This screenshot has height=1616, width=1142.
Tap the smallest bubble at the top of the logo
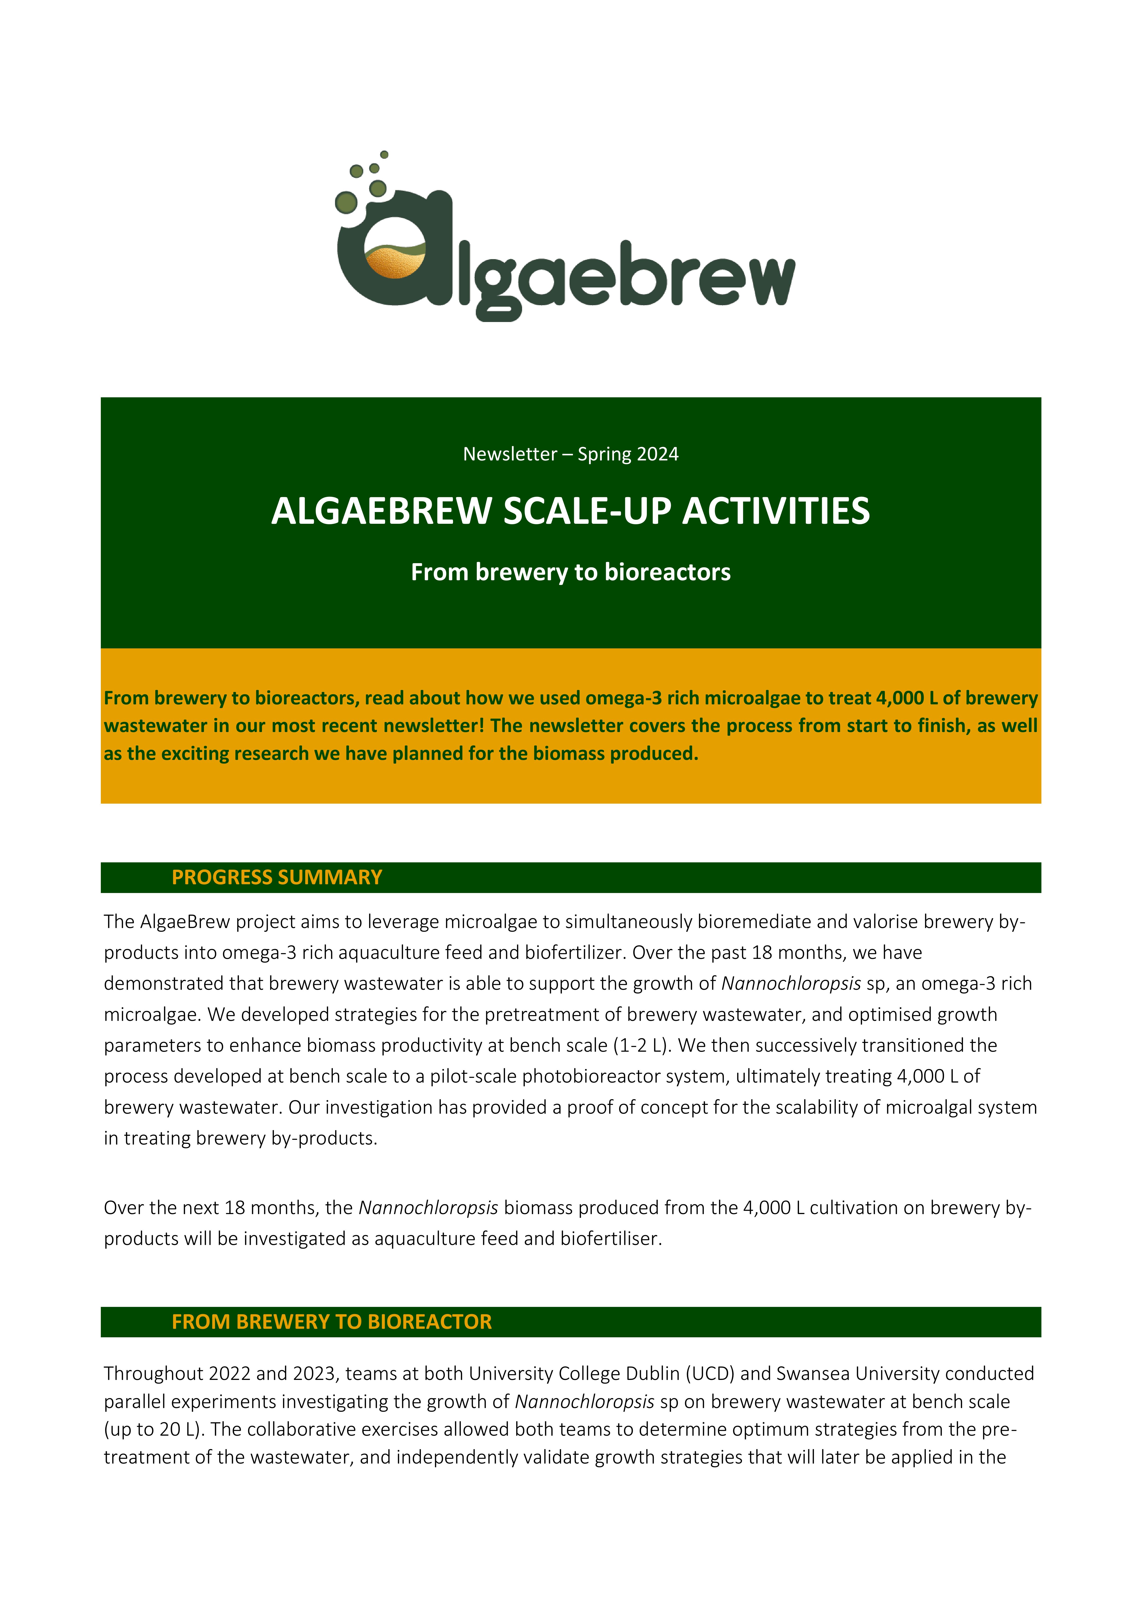tap(384, 154)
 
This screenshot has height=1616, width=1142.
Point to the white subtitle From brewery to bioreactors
tap(571, 572)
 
